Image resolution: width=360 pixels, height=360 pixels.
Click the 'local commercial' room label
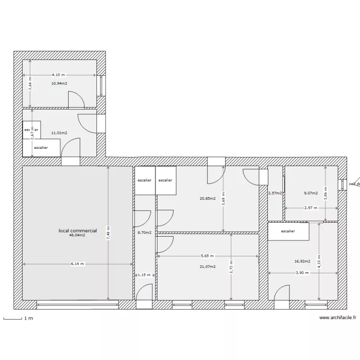[x=77, y=231]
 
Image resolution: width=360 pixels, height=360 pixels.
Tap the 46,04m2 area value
[x=77, y=235]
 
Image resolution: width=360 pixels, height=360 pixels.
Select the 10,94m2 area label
[x=59, y=83]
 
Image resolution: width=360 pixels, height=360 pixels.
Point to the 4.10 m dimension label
[x=59, y=75]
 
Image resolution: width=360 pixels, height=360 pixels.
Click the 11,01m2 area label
[x=59, y=133]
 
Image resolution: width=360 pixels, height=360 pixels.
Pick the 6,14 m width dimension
[x=77, y=264]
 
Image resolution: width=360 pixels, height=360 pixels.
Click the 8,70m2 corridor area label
[x=144, y=233]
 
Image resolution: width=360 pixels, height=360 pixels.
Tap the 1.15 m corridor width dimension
[x=144, y=275]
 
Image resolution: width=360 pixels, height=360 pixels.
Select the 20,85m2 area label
[x=207, y=198]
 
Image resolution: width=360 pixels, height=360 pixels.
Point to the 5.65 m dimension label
[x=207, y=256]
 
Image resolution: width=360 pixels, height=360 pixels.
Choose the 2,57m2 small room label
[x=275, y=193]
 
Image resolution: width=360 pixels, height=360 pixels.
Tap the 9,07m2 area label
[x=311, y=193]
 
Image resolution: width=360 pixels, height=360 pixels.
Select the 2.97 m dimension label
[x=311, y=208]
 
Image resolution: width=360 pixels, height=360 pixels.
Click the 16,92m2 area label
[x=302, y=262]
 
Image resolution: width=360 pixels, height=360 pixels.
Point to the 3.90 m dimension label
[x=302, y=273]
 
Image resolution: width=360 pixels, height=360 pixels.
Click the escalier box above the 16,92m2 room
[x=288, y=231]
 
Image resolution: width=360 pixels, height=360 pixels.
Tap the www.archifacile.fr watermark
[x=338, y=318]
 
